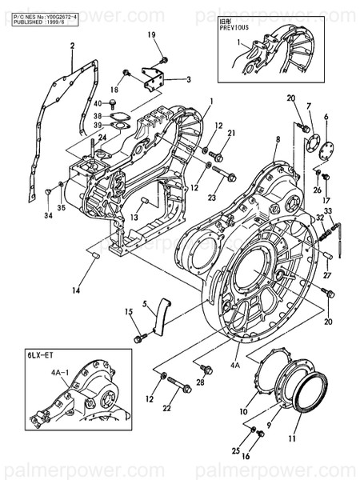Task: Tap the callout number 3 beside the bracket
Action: click(x=188, y=79)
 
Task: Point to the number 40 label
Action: click(x=98, y=104)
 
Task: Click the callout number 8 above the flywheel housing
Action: click(x=277, y=139)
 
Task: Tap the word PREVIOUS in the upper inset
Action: click(x=234, y=26)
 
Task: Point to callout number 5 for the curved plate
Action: click(x=146, y=305)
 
